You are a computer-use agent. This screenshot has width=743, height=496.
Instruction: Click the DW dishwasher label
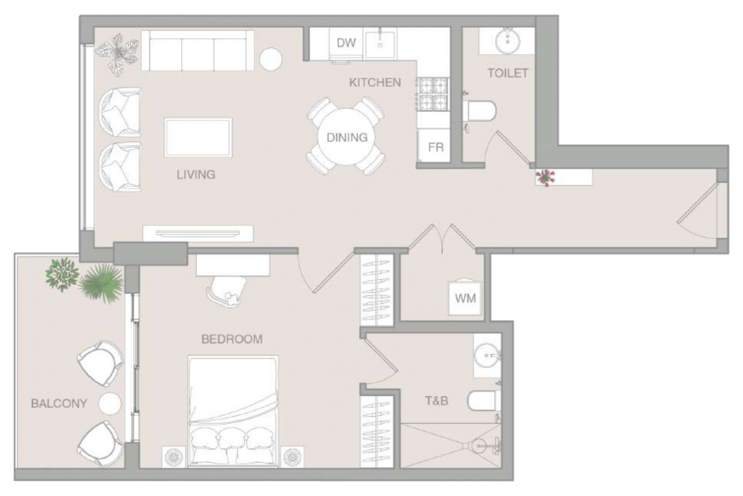point(346,43)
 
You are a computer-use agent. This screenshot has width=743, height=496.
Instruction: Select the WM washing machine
point(465,298)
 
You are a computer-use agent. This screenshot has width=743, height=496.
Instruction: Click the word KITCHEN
point(375,82)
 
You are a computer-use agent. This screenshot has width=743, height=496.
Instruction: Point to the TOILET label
point(507,73)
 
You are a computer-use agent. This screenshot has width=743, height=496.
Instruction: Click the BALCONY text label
point(59,404)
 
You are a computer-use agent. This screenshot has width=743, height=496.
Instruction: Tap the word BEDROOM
point(232,339)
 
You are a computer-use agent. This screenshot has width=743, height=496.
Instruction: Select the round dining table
point(346,136)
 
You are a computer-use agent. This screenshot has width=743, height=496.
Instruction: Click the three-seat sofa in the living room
point(198,50)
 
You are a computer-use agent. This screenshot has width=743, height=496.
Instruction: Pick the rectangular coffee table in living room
point(198,137)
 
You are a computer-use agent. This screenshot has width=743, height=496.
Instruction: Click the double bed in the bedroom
point(232,411)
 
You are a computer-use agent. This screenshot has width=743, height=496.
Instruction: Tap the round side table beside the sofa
point(271,59)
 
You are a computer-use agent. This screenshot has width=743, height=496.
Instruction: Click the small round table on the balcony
point(110,404)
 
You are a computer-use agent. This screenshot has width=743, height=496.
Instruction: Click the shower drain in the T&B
point(479,446)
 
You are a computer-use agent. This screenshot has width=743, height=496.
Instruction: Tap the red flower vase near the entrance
point(545,177)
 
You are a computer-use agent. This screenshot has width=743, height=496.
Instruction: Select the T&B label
point(436,401)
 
